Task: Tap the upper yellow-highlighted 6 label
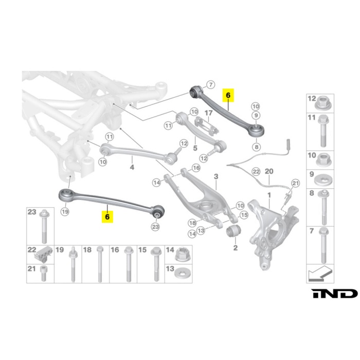tap(228, 95)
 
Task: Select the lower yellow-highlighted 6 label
tap(107, 217)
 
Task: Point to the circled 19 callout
tap(65, 211)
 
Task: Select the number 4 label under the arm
tap(132, 167)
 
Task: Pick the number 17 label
tap(208, 113)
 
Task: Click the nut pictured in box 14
tap(182, 255)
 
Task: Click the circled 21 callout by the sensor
tap(295, 183)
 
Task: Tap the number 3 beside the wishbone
tap(216, 177)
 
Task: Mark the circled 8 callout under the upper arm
tap(256, 147)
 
